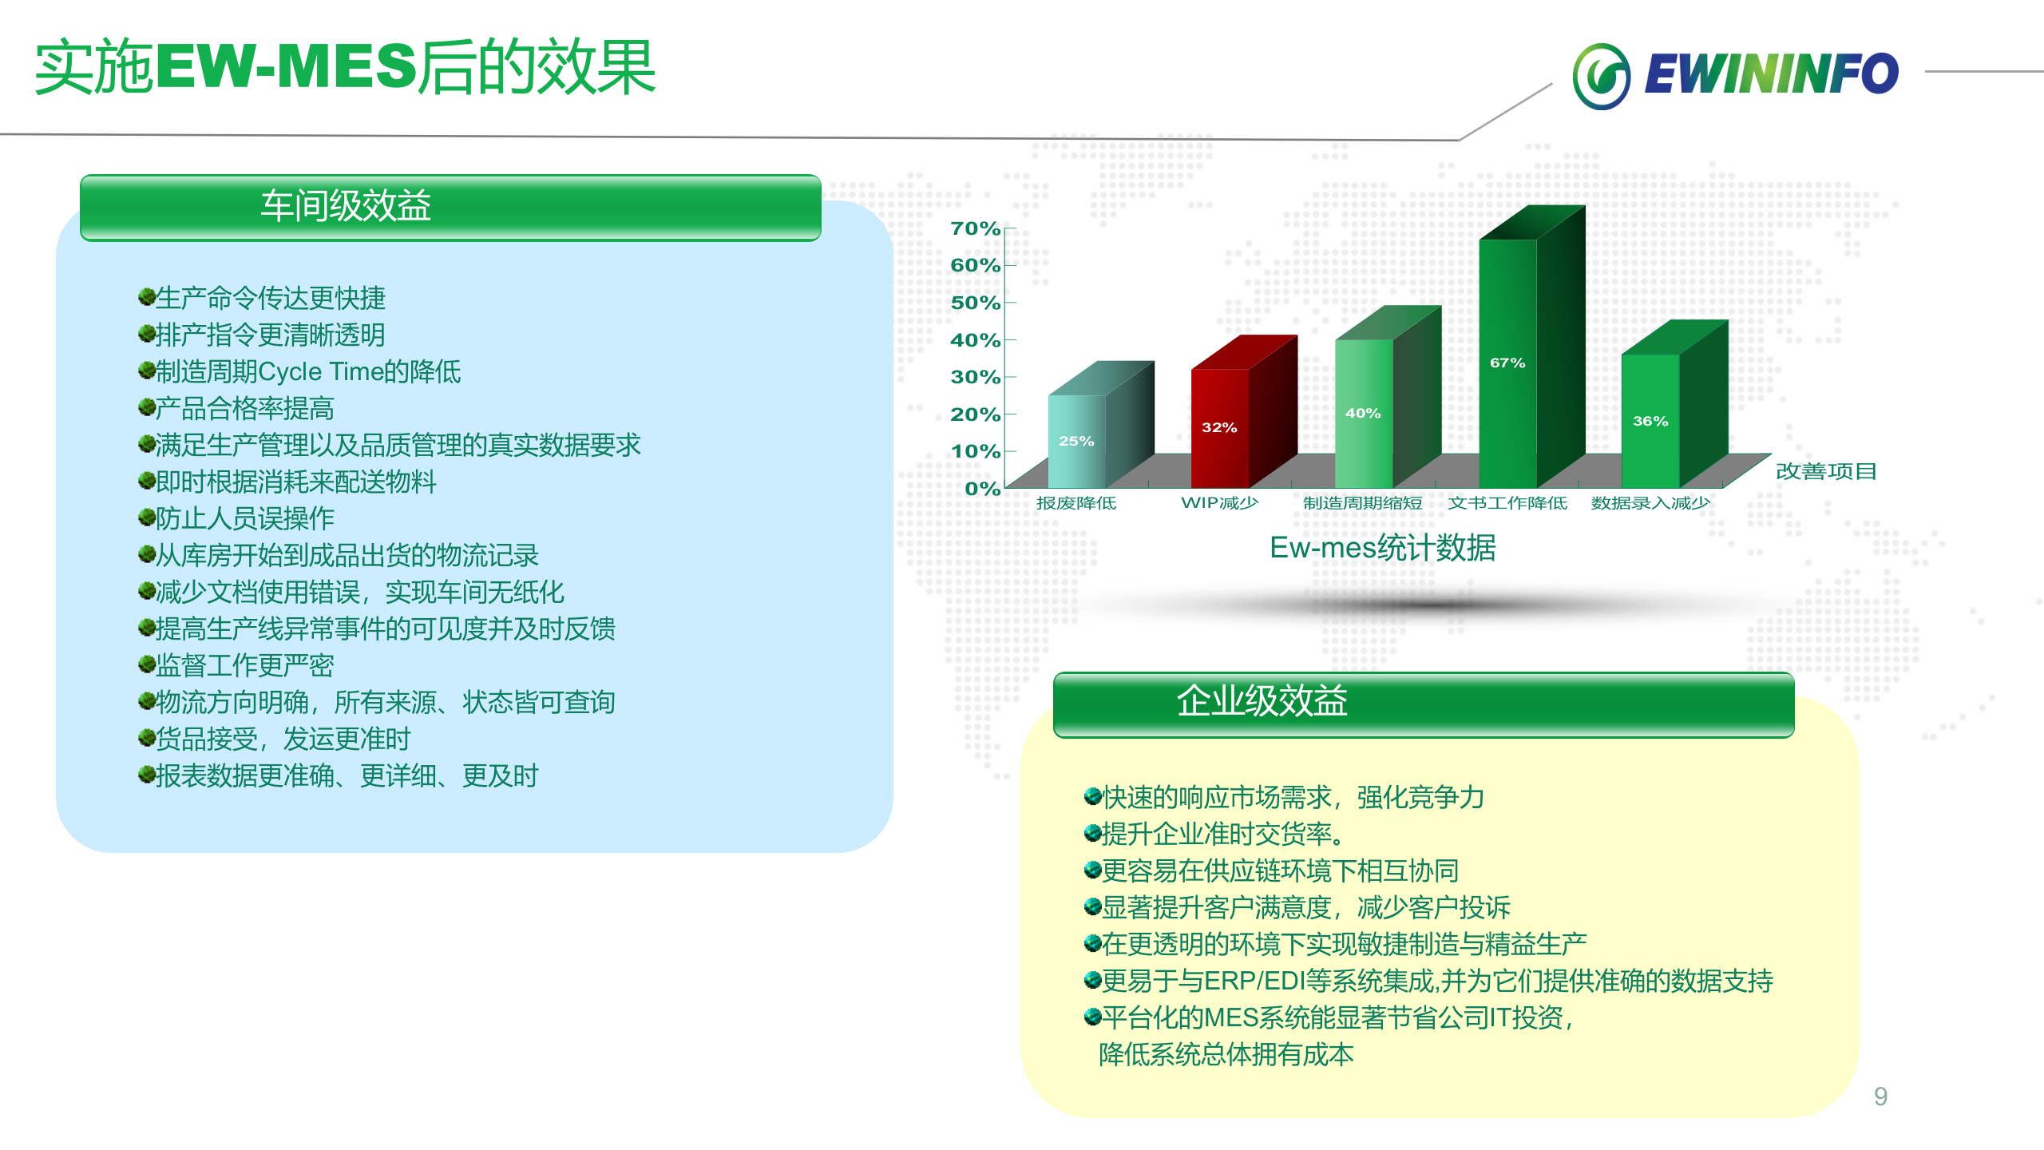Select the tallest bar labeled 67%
pos(1507,363)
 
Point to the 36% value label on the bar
pos(1650,421)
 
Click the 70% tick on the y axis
pos(975,228)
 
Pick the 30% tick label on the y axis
pos(975,377)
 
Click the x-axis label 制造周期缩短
pos(1362,503)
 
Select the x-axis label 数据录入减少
pos(1650,503)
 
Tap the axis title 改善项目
pos(1825,471)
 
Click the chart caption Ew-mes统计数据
pos(1382,548)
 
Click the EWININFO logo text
pos(1771,74)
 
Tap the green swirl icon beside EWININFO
pos(1601,76)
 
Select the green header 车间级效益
pos(450,206)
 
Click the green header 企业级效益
pos(1423,702)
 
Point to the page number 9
pos(1880,1096)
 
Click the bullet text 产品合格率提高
pos(244,408)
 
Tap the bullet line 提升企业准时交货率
pos(1222,834)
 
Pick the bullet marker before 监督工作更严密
pos(146,664)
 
